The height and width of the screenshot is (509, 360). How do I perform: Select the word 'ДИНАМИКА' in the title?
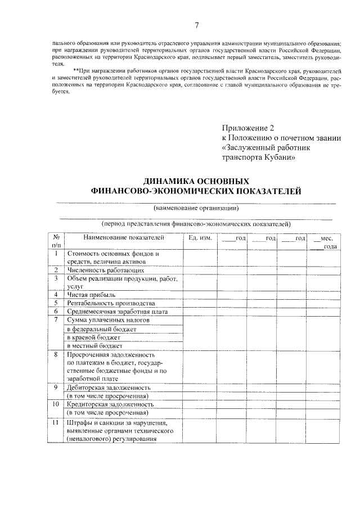point(170,182)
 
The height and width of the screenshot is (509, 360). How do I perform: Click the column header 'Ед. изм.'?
point(200,238)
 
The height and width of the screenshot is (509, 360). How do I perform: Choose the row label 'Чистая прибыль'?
point(91,294)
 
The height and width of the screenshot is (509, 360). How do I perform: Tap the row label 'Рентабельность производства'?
point(110,303)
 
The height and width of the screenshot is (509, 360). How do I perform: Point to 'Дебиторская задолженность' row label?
point(108,388)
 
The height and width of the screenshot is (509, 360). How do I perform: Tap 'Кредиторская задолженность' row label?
point(109,404)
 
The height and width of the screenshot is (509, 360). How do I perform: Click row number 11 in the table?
point(56,422)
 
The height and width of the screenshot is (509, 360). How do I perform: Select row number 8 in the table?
point(56,354)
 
